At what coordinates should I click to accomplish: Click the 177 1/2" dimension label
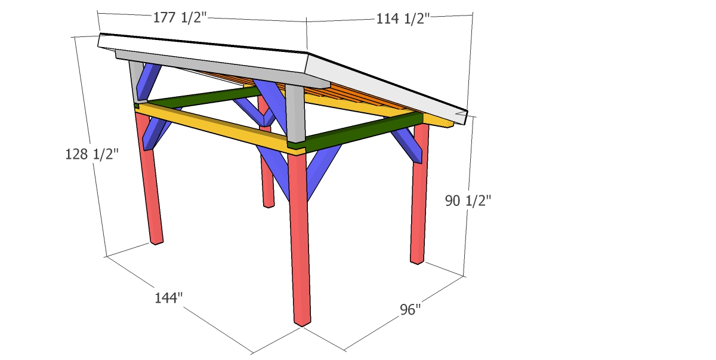(x=180, y=17)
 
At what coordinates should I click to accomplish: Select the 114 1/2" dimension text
(x=403, y=19)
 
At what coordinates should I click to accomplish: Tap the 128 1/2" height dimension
(x=92, y=154)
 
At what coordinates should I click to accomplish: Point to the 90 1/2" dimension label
(x=468, y=201)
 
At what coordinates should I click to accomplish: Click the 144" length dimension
(x=168, y=298)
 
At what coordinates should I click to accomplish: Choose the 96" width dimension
(x=411, y=309)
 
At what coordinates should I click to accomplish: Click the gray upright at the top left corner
(x=137, y=82)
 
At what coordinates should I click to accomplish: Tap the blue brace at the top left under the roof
(x=148, y=82)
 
